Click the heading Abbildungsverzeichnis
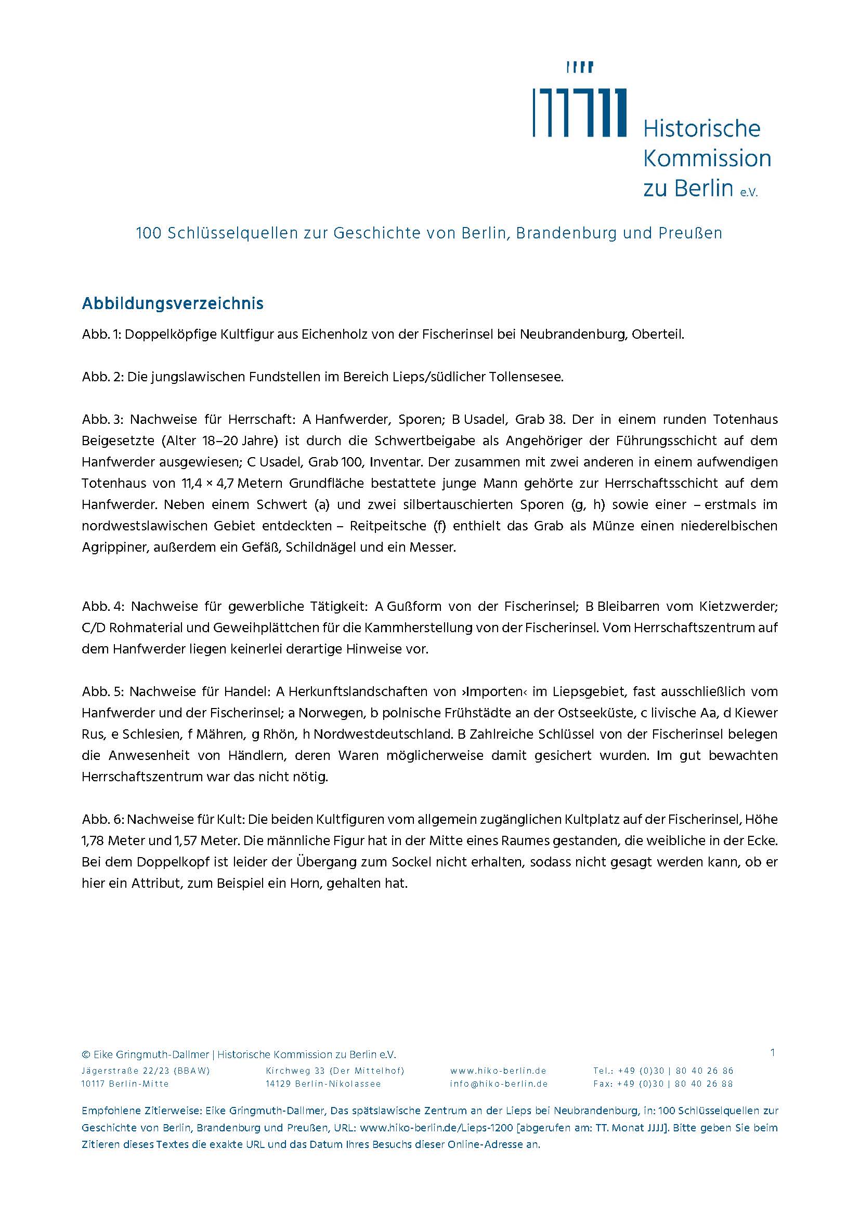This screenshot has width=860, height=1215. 172,304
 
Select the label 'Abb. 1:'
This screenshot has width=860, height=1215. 101,335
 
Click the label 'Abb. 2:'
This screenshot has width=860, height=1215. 102,377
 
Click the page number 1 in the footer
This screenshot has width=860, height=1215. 773,1053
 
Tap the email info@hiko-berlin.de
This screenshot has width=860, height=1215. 498,1084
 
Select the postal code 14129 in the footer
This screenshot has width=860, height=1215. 278,1084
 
